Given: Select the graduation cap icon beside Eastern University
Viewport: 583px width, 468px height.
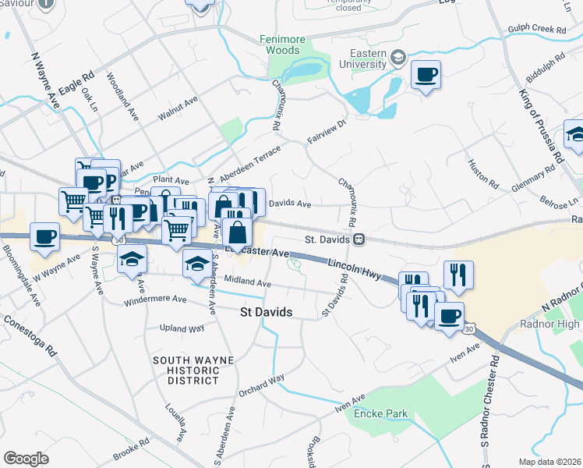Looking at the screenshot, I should pyautogui.click(x=399, y=57).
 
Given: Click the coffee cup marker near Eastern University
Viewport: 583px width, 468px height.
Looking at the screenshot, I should pyautogui.click(x=426, y=76).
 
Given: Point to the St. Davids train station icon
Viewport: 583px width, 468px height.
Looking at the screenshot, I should pyautogui.click(x=359, y=239).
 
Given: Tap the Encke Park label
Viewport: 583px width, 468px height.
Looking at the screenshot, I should pyautogui.click(x=380, y=413).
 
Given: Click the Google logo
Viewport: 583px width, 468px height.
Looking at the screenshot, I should pyautogui.click(x=26, y=459).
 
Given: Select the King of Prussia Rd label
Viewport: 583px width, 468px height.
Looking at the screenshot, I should pyautogui.click(x=540, y=125).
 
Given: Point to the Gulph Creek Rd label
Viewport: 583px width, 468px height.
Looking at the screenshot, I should pyautogui.click(x=539, y=30).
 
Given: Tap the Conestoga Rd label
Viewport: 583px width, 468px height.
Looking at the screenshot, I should pyautogui.click(x=29, y=335).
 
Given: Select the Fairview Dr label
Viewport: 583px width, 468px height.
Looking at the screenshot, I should pyautogui.click(x=326, y=131).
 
